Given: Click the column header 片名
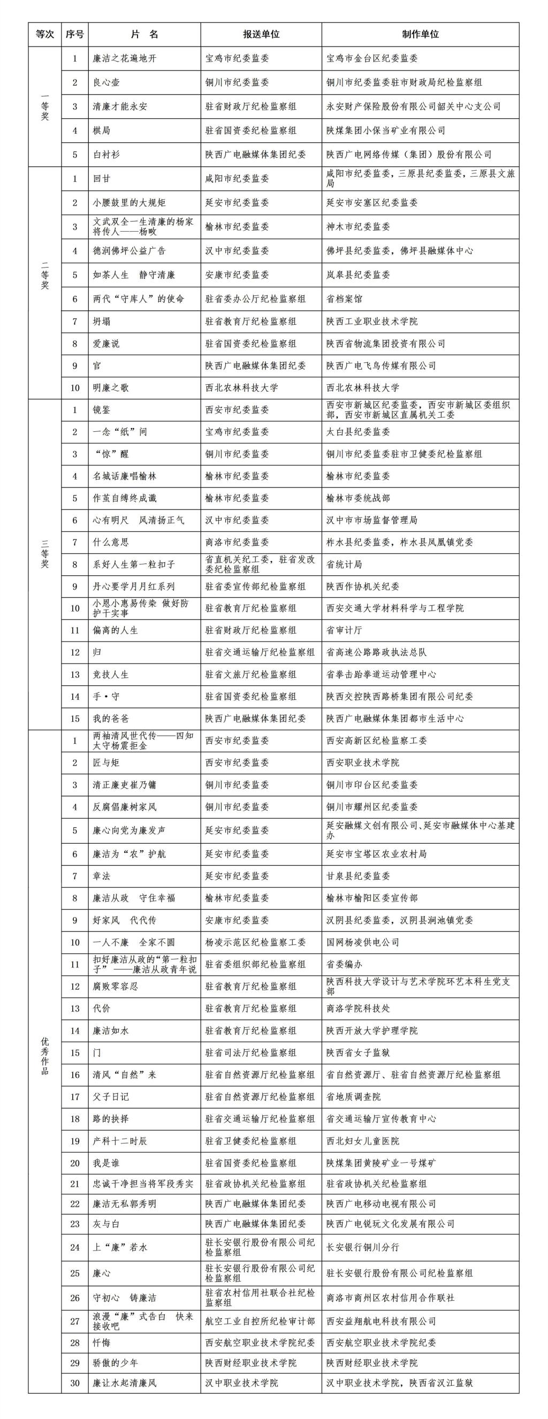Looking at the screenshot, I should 144,34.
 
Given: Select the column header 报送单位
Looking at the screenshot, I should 261,34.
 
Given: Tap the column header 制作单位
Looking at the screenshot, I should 420,34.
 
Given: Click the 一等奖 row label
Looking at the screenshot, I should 45,106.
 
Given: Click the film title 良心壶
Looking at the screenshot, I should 106,82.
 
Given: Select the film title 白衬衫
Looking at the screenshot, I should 106,155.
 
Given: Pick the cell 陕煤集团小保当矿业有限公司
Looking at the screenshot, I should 385,131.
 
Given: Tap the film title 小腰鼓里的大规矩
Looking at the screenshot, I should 129,203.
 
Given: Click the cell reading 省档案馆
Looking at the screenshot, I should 344,299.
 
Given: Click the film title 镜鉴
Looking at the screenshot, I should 102,410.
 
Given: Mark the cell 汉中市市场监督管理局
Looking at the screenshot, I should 372,520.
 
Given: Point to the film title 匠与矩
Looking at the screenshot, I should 106,762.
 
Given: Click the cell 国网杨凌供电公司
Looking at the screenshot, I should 362,942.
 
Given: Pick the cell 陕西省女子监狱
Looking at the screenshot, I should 358,1052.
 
